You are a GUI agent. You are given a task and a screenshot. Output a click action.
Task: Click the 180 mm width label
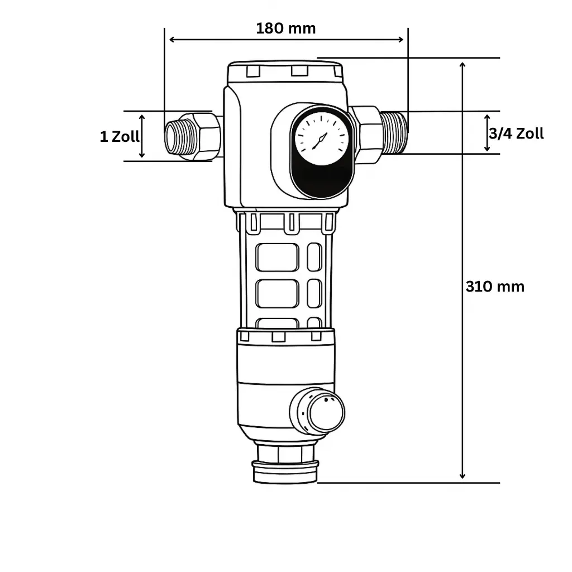[285, 28]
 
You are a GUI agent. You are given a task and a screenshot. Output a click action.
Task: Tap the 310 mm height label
[495, 287]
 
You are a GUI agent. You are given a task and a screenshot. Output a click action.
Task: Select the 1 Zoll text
[120, 136]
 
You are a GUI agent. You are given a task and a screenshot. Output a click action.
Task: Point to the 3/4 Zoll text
[516, 134]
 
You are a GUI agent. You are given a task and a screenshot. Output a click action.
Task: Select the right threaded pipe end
[395, 132]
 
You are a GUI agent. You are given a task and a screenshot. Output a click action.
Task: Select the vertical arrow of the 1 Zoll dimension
[142, 136]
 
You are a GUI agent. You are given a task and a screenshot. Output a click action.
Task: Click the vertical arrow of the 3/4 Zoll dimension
[487, 133]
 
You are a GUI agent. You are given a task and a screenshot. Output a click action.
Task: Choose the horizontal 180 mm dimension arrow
[285, 39]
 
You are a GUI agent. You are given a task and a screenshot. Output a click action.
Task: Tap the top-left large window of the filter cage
[277, 258]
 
